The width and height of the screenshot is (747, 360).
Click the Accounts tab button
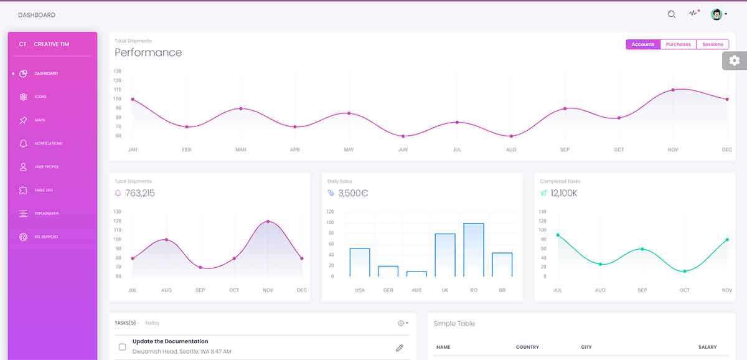pos(642,44)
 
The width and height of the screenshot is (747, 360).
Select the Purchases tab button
pos(678,44)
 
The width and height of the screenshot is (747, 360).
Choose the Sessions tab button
pos(713,44)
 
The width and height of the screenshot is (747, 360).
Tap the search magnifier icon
pos(671,14)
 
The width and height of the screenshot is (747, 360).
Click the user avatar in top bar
pos(716,14)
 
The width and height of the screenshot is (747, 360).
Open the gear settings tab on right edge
pos(735,60)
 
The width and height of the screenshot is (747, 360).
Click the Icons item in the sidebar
pos(40,97)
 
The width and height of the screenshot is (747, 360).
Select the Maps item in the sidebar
pos(39,120)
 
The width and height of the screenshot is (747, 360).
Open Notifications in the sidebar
pos(48,144)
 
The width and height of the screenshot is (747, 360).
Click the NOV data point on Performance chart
pos(673,90)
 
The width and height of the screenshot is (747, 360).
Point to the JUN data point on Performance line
pos(403,136)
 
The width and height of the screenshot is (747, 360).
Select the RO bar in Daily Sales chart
pos(474,250)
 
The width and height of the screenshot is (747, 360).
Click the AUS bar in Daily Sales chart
pos(416,273)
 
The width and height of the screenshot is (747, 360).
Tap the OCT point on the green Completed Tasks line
pos(685,271)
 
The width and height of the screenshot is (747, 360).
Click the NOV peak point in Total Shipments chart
pos(268,221)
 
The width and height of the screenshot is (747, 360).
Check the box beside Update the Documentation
pos(122,347)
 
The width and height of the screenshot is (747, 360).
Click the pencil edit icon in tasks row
pos(400,348)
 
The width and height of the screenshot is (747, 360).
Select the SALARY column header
pos(707,347)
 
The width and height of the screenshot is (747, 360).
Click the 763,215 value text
pos(140,193)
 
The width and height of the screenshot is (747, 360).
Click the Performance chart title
pos(148,52)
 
